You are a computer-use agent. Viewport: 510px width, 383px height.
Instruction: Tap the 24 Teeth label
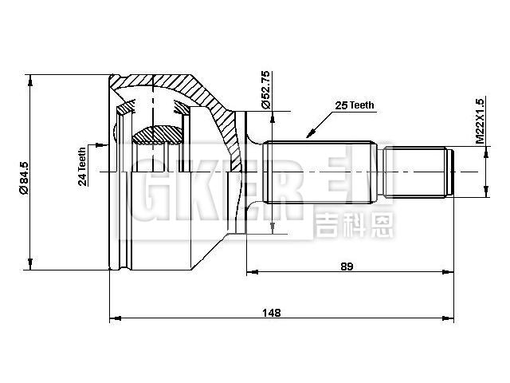pyautogui.click(x=82, y=166)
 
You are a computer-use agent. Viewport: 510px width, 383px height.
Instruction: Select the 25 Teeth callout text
pyautogui.click(x=355, y=105)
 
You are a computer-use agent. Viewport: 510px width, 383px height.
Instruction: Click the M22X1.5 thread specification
pyautogui.click(x=481, y=121)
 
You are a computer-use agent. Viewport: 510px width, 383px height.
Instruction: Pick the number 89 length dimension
pyautogui.click(x=346, y=266)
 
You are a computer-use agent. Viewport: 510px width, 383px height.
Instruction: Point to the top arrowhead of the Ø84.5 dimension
pyautogui.click(x=30, y=78)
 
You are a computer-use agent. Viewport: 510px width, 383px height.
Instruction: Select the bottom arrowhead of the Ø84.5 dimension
pyautogui.click(x=30, y=266)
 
